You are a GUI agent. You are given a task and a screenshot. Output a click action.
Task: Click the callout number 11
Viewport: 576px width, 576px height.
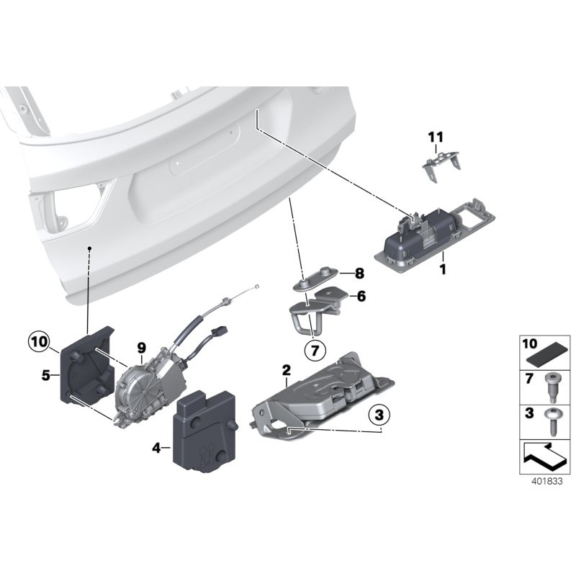pyautogui.click(x=436, y=137)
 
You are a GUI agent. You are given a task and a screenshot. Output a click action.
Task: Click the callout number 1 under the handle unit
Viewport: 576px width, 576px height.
pyautogui.click(x=444, y=270)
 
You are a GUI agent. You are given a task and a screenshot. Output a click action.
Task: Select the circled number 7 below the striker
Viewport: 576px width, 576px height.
pyautogui.click(x=314, y=351)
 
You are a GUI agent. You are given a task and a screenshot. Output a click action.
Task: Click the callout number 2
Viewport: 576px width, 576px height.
pyautogui.click(x=286, y=371)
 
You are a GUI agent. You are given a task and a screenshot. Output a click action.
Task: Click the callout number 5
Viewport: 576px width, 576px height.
pyautogui.click(x=46, y=375)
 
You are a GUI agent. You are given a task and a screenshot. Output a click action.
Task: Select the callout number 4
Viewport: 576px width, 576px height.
pyautogui.click(x=156, y=447)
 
